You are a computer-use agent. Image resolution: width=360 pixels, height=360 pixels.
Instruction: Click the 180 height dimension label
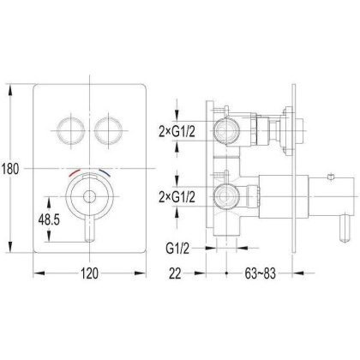coord(10,169)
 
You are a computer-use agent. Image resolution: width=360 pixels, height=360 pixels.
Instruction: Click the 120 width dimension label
coord(90,273)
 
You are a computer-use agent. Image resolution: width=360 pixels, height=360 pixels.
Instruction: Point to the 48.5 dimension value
coord(49,219)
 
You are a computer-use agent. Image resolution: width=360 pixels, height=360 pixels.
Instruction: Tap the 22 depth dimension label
coord(175,273)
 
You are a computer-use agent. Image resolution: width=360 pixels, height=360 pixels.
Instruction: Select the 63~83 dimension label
coord(260,273)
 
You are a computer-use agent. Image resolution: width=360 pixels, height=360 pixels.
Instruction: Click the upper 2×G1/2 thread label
coord(177,132)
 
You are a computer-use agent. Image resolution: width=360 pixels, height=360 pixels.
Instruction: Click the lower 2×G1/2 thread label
coord(177,197)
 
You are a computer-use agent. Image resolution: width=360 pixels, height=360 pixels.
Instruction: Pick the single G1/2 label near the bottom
coord(177,249)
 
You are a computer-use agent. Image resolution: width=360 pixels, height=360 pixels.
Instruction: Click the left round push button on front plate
coord(71,130)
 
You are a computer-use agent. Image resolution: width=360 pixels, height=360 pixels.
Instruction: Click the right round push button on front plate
coord(109,130)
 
